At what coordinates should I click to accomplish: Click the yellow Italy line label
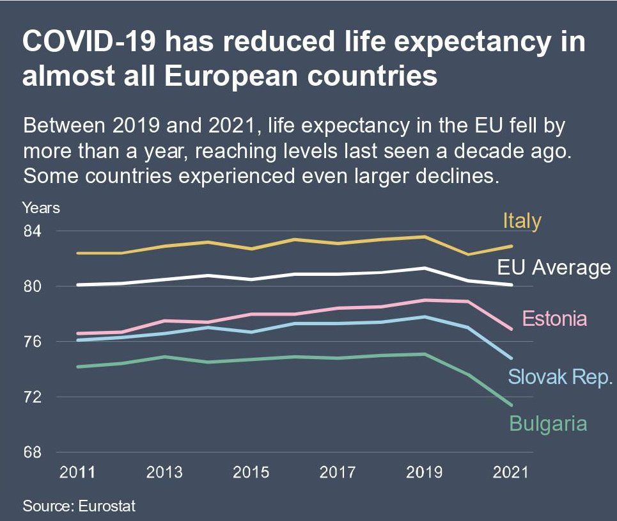(x=522, y=221)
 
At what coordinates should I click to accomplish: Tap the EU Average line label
(x=554, y=268)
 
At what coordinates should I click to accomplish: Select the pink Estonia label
(x=554, y=318)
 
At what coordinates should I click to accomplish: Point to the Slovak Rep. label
(x=561, y=376)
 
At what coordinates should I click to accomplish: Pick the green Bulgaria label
(x=548, y=423)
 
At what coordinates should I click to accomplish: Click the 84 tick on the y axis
(x=32, y=231)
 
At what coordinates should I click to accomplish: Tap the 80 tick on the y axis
(x=32, y=286)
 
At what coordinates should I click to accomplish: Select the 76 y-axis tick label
(x=32, y=342)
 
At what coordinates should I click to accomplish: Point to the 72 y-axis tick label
(x=32, y=397)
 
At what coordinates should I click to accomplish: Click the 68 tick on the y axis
(x=32, y=453)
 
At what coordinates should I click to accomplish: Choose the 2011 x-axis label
(x=77, y=473)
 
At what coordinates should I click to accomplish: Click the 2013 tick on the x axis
(x=164, y=473)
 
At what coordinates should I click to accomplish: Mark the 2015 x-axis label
(x=251, y=473)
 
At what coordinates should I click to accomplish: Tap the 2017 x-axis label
(x=338, y=473)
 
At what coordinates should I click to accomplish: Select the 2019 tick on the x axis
(x=425, y=473)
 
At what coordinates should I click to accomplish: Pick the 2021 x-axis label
(x=512, y=473)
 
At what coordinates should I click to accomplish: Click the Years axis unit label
(x=41, y=207)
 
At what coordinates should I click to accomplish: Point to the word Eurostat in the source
(x=107, y=506)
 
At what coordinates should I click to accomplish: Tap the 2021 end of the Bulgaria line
(x=512, y=405)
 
